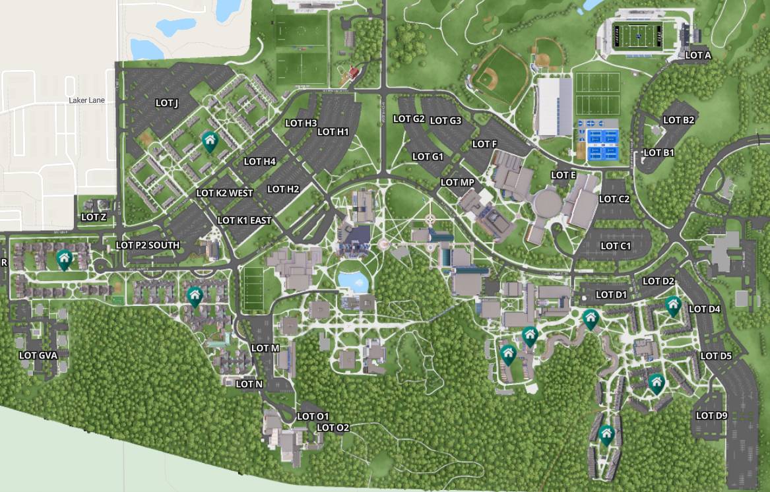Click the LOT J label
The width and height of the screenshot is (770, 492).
click(x=167, y=103)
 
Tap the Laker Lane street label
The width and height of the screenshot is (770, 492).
click(x=86, y=100)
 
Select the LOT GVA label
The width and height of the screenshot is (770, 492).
click(x=38, y=355)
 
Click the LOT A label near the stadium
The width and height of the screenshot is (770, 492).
click(x=698, y=55)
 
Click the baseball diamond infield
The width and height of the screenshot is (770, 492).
click(x=488, y=79)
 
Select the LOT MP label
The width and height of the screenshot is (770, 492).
click(x=457, y=182)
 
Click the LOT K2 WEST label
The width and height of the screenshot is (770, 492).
click(x=224, y=193)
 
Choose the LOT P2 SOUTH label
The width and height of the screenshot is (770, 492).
click(x=147, y=245)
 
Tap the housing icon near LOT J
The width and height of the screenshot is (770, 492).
click(x=210, y=140)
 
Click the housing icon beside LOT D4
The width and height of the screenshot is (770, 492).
click(x=672, y=305)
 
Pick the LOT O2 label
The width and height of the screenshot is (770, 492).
click(x=333, y=427)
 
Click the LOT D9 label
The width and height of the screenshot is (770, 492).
click(x=711, y=415)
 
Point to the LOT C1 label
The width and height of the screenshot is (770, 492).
click(x=616, y=246)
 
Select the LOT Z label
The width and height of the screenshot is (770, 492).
click(x=94, y=217)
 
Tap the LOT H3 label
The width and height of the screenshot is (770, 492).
click(x=301, y=123)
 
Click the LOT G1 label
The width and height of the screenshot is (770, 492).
click(x=428, y=156)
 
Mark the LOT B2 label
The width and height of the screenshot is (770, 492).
click(x=678, y=120)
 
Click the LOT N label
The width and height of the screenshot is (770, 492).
click(x=249, y=384)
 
